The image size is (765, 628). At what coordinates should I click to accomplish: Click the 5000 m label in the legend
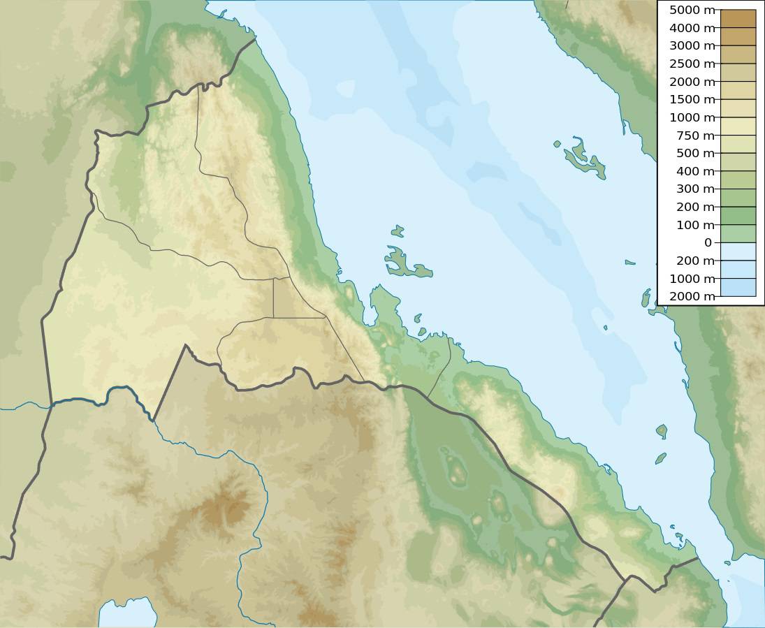pos(692,10)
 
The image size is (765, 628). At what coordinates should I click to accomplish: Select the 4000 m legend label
pos(692,29)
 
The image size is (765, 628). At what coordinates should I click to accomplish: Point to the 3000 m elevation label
pos(692,46)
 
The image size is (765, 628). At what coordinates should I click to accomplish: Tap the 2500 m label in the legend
pos(692,64)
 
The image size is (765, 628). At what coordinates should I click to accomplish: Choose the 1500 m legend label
pos(692,100)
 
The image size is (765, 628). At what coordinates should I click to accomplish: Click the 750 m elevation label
pos(695,136)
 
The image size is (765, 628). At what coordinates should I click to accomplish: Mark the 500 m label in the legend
pos(695,153)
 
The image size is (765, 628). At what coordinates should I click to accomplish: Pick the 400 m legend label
pos(695,171)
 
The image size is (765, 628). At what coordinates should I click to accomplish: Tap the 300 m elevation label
pos(695,189)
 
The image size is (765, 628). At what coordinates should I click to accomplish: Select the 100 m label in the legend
pos(695,225)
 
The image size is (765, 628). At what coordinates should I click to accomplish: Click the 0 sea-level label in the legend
pos(708,243)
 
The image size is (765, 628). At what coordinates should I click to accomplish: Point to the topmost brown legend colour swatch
pos(738,18)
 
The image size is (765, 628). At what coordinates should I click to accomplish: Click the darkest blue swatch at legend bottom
pos(738,287)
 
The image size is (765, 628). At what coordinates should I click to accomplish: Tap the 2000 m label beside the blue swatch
pos(692,296)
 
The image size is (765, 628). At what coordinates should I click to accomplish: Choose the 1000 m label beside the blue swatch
pos(692,279)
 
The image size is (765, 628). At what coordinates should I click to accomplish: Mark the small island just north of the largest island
pos(398,231)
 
